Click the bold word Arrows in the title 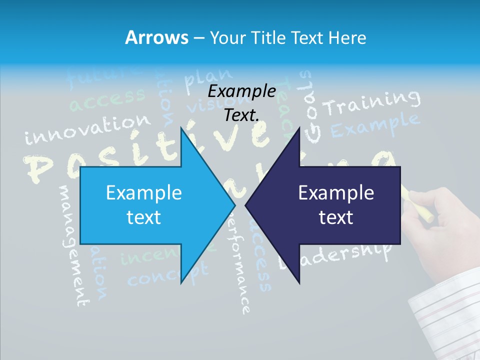click(x=156, y=37)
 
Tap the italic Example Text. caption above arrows click(x=241, y=103)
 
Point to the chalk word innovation click(x=87, y=129)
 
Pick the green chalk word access click(x=107, y=99)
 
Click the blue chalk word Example click(x=374, y=125)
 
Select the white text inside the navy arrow click(x=336, y=204)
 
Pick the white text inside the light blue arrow click(x=144, y=204)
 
